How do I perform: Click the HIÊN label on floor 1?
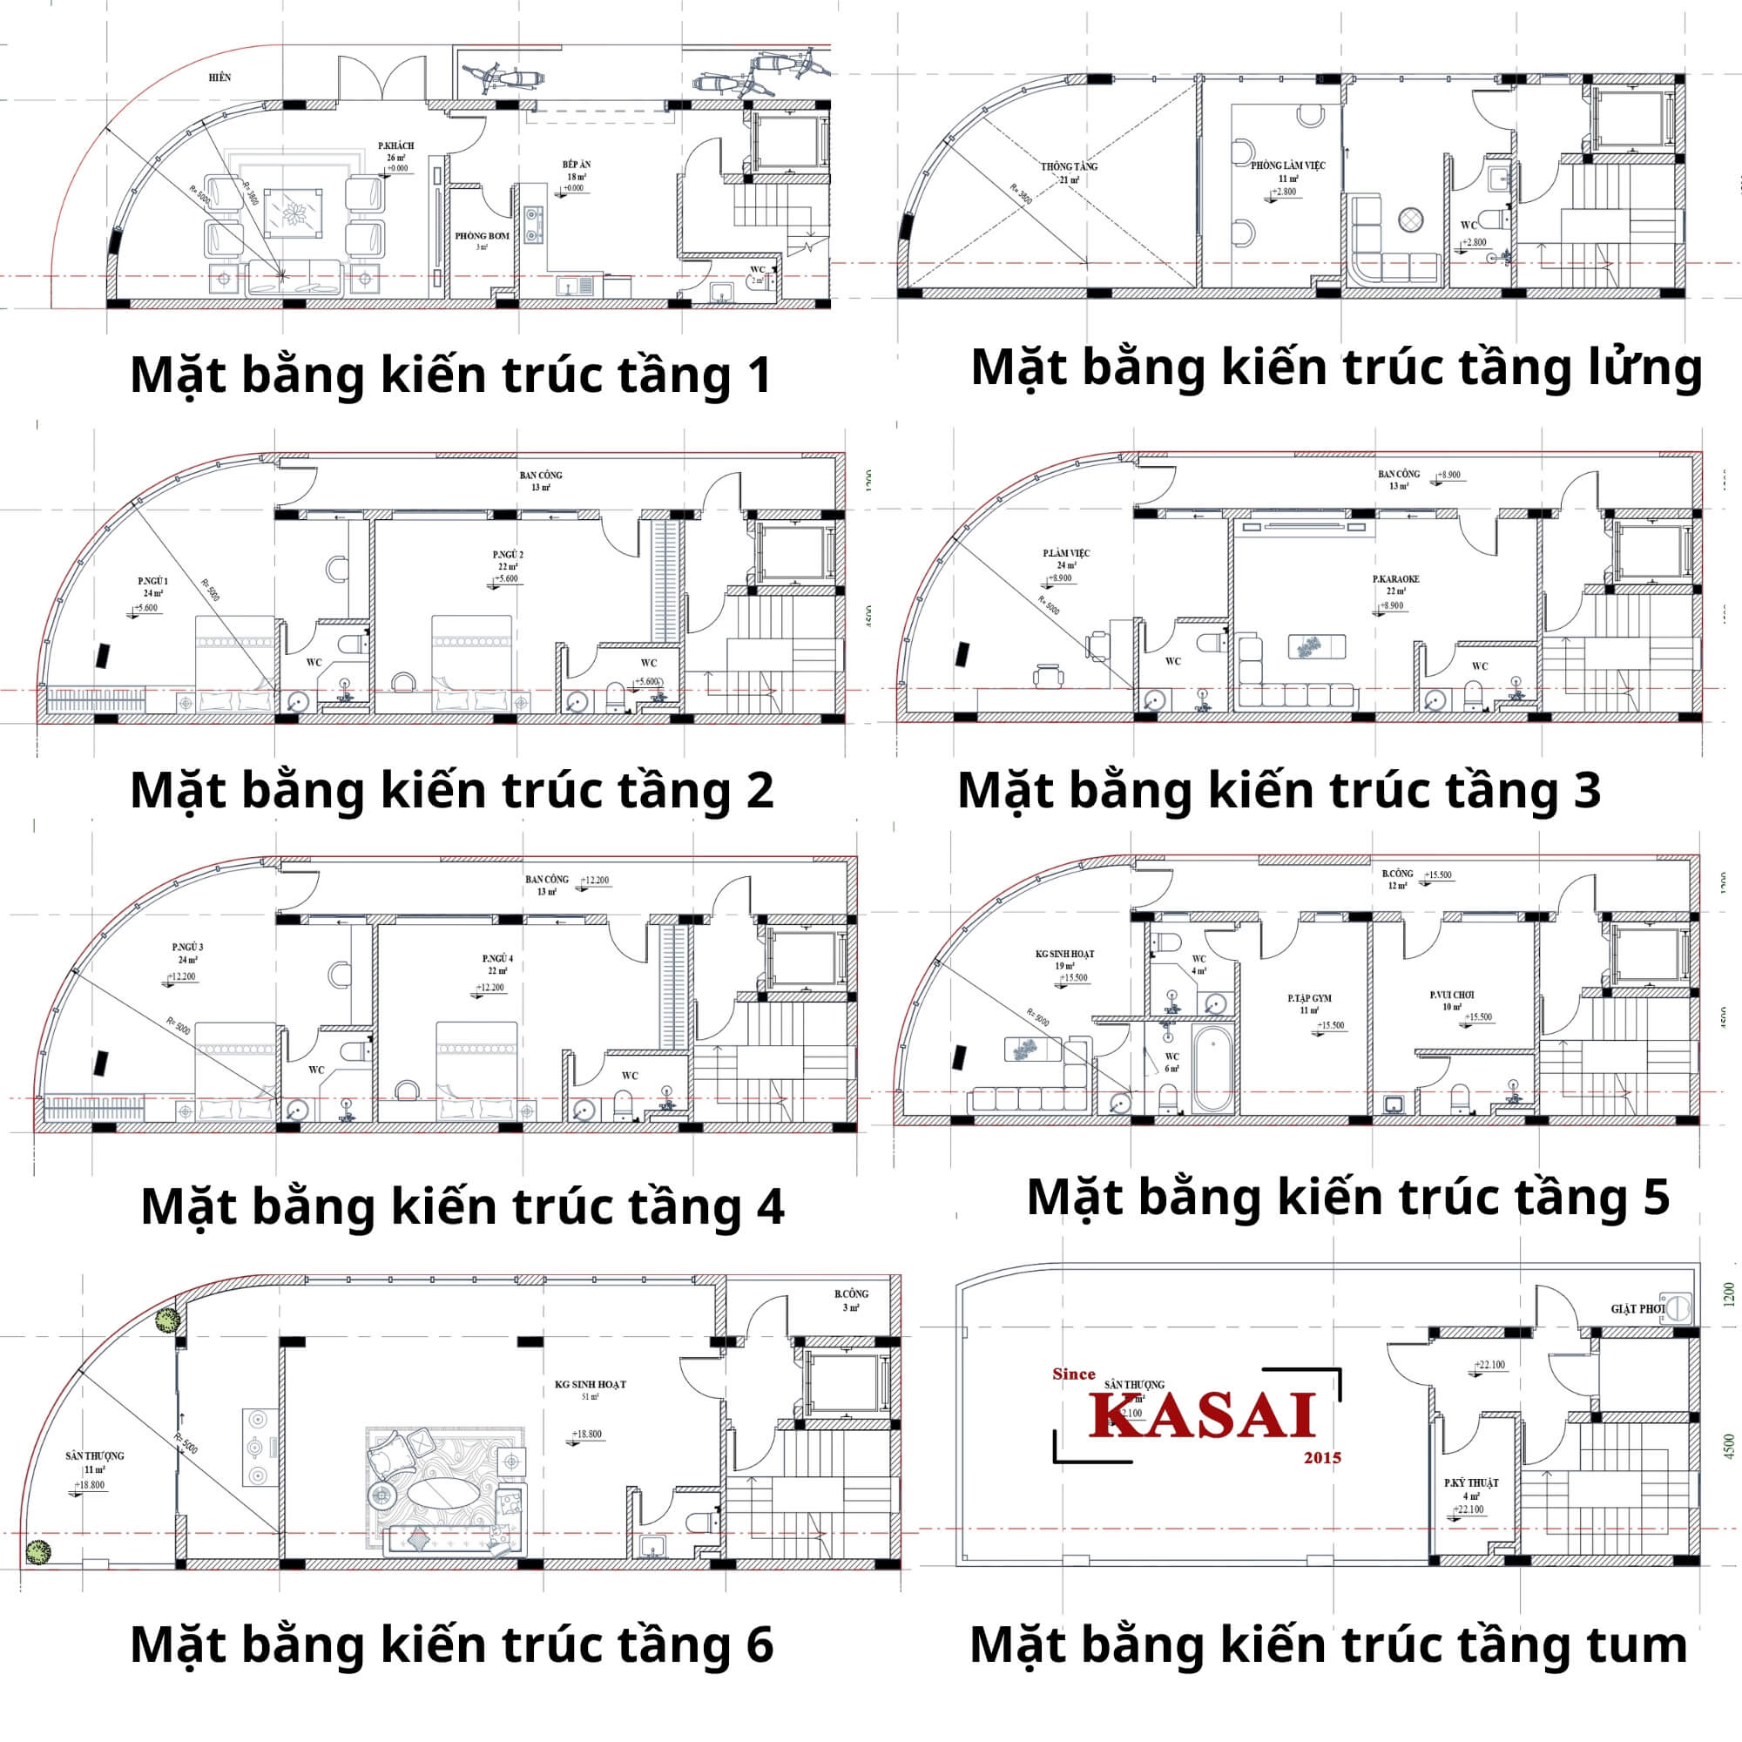220,78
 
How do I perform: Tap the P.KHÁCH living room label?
395,146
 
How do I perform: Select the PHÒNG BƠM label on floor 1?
482,236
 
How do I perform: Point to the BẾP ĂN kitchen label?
576,165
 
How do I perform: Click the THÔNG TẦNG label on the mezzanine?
1070,167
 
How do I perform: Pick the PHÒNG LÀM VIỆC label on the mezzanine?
1287,165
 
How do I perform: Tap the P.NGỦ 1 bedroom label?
152,581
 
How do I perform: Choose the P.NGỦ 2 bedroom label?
508,555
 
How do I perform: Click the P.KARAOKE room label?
1395,579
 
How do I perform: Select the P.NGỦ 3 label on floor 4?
187,947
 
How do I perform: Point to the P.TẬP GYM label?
1309,998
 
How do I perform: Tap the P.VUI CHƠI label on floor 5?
1452,996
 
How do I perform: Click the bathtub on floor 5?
1212,1068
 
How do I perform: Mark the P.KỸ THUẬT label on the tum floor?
1470,1482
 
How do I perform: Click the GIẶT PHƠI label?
1637,1308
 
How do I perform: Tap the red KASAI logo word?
1203,1416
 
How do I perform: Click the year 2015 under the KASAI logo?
1322,1458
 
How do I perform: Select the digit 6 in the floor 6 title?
760,1644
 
